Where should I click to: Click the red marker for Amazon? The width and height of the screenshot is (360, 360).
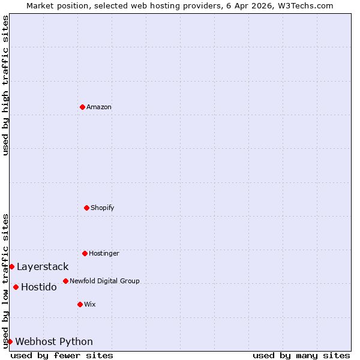[82, 107]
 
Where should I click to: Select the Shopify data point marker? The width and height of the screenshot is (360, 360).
[86, 208]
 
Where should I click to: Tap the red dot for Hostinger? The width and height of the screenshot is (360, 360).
[85, 253]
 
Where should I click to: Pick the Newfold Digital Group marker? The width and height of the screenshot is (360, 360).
[65, 281]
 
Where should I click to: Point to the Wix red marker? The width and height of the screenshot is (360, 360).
[80, 304]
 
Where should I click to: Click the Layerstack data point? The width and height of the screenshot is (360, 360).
[11, 266]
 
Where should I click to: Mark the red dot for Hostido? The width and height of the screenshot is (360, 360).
[16, 287]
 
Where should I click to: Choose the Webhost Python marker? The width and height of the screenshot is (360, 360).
[10, 341]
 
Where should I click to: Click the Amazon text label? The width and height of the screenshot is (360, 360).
[99, 107]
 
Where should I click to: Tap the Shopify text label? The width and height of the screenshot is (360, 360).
[103, 208]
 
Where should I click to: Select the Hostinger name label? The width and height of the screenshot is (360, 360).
[104, 253]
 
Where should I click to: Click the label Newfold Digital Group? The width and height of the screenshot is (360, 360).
[104, 281]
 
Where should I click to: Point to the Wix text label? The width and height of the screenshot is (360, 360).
[89, 304]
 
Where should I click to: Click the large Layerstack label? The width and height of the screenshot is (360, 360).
[43, 266]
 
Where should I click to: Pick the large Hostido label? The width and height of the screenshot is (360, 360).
[39, 287]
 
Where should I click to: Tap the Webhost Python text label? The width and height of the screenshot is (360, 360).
[54, 341]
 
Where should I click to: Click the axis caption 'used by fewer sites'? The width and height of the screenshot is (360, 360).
[62, 355]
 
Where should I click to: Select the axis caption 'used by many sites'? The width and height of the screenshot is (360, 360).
[301, 355]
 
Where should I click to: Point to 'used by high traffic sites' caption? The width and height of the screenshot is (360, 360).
[5, 85]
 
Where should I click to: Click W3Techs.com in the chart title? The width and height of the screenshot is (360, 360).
[305, 5]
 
